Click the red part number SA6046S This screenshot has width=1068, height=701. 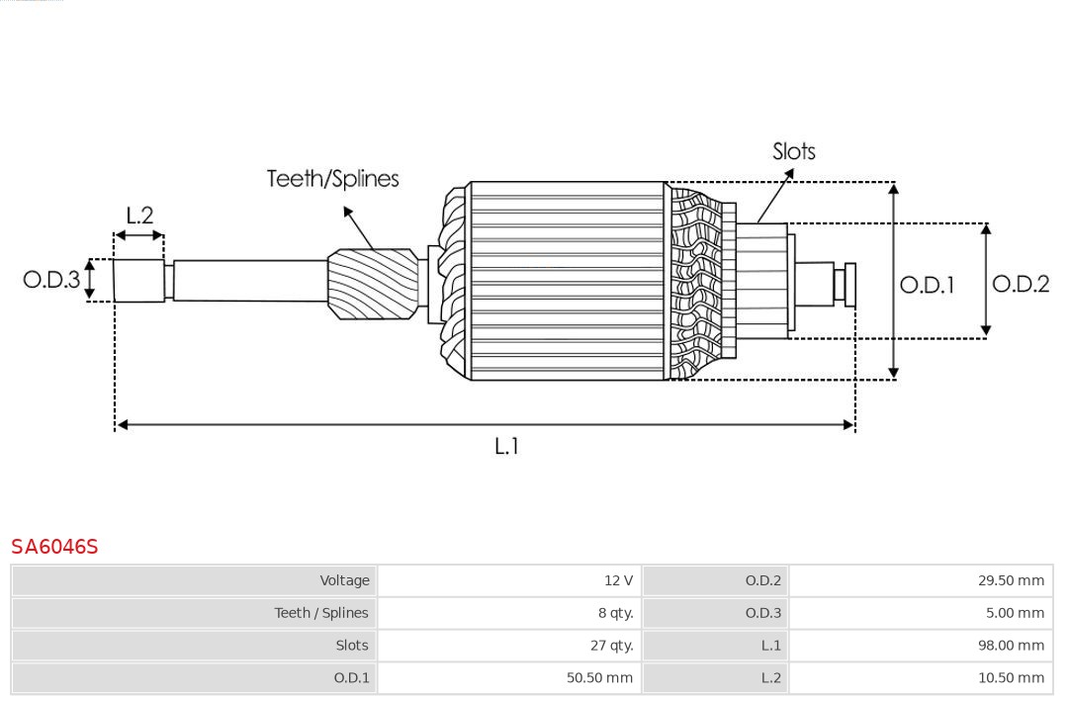pyautogui.click(x=54, y=547)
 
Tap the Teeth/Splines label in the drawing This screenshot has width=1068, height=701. pyautogui.click(x=332, y=179)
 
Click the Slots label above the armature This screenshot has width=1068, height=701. pyautogui.click(x=793, y=151)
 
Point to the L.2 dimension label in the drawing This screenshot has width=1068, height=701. pyautogui.click(x=139, y=216)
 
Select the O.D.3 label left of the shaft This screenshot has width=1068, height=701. pyautogui.click(x=51, y=280)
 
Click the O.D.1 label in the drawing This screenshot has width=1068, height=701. pyautogui.click(x=927, y=285)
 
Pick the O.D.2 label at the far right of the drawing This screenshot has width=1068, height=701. pyautogui.click(x=1021, y=284)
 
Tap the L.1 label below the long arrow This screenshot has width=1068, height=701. pyautogui.click(x=506, y=446)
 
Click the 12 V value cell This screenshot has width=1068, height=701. pyautogui.click(x=618, y=580)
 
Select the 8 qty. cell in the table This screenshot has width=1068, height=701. pyautogui.click(x=615, y=613)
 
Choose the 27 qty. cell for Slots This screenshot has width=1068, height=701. pyautogui.click(x=611, y=646)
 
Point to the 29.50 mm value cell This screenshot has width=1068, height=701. pyautogui.click(x=1011, y=580)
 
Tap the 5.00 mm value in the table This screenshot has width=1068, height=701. pyautogui.click(x=1015, y=613)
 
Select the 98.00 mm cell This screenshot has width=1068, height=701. pyautogui.click(x=1011, y=646)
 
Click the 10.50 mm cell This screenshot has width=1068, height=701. pyautogui.click(x=1011, y=678)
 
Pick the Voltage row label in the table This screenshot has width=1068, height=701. pyautogui.click(x=344, y=580)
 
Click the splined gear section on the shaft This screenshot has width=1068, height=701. pyautogui.click(x=373, y=283)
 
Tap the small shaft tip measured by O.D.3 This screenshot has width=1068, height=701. pyautogui.click(x=138, y=280)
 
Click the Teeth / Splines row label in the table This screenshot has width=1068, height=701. pyautogui.click(x=321, y=613)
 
